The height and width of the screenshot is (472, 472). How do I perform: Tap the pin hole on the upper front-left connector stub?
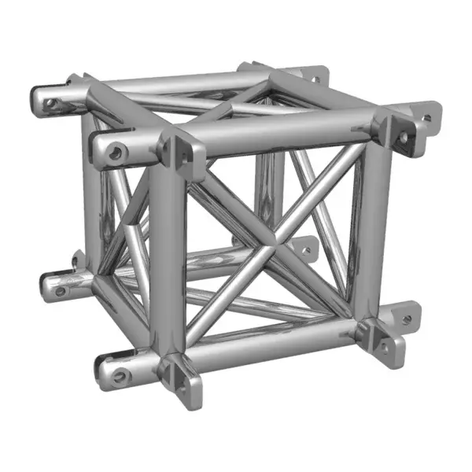pyautogui.click(x=116, y=152)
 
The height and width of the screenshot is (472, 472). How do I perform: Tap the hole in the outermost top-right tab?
pyautogui.click(x=426, y=119)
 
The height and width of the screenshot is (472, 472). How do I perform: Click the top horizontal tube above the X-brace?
pyautogui.click(x=283, y=140)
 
